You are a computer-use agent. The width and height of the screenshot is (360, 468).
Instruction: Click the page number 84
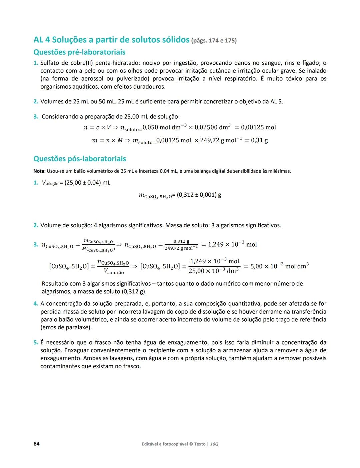point(36,444)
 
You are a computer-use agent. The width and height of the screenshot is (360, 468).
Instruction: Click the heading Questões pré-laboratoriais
point(79,52)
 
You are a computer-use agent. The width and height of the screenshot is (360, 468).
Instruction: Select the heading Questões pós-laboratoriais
point(80,159)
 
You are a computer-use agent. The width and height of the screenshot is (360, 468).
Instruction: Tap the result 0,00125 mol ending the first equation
point(258,127)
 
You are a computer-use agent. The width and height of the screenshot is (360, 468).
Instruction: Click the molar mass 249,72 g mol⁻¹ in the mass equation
point(220,140)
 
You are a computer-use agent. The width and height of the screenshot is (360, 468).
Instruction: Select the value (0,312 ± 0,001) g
point(199,195)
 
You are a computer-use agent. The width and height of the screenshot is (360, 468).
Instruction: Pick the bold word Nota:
point(39,171)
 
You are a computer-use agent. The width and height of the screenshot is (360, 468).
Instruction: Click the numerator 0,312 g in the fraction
point(181,241)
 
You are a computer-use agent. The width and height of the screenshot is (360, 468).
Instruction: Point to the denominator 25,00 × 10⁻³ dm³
point(213,271)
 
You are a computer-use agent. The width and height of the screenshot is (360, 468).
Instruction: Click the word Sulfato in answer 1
point(50,63)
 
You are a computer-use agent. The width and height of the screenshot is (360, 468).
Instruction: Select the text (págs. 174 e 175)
point(214,41)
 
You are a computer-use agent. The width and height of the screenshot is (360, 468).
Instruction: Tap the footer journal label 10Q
point(215,444)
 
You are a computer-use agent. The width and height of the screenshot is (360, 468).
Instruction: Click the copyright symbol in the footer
point(191,444)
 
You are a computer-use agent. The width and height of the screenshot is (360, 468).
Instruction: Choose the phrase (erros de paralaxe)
point(66,327)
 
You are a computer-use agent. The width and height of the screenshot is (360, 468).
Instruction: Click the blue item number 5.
point(36,342)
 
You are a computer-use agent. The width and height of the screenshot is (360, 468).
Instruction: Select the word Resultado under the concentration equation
point(55,284)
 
